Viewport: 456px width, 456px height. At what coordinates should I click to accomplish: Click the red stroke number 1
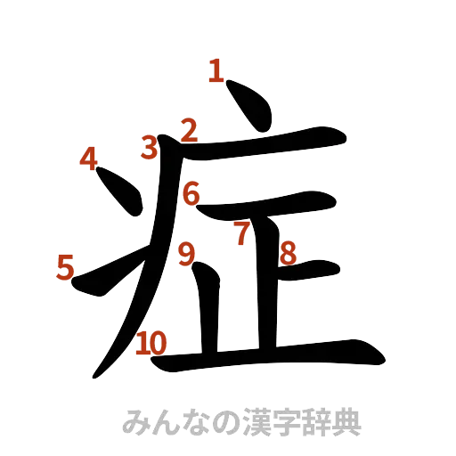click(215, 70)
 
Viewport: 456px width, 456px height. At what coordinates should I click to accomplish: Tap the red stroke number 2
click(188, 130)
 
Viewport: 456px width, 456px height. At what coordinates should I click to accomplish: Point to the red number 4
click(87, 159)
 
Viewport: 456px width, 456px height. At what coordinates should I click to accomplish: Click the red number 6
click(191, 192)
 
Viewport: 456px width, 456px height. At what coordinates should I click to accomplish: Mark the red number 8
click(287, 254)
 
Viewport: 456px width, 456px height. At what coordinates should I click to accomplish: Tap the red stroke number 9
click(186, 255)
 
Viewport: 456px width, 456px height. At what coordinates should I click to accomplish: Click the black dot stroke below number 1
click(248, 104)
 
